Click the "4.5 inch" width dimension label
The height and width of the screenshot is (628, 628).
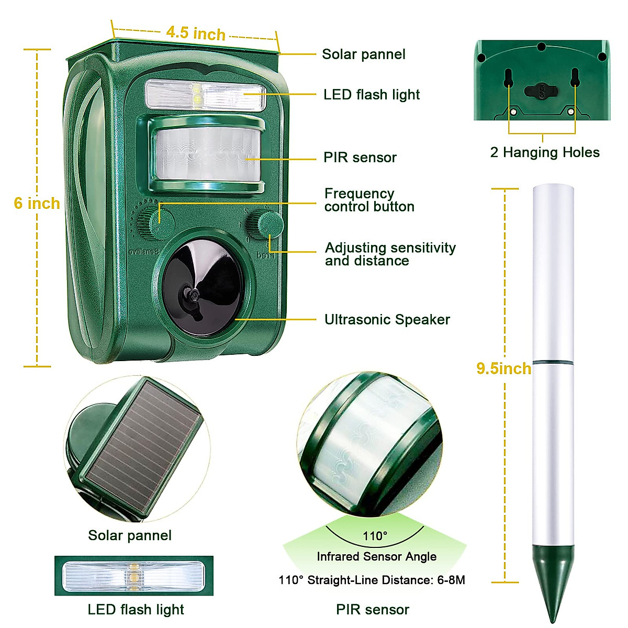pos(195,33)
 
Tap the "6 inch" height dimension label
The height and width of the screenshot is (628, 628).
pos(37,203)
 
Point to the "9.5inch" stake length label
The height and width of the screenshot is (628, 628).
pos(503,368)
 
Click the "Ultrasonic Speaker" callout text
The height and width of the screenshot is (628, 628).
pos(387,320)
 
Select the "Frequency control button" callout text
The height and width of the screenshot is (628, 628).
pos(369,200)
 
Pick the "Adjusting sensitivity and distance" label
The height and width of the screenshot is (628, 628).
pos(390,254)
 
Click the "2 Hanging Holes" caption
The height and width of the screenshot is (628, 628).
pos(544,152)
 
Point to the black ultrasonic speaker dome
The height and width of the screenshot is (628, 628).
pos(203,287)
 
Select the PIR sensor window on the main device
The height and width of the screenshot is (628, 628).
pos(207,154)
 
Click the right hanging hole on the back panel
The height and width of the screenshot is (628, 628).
pos(575,78)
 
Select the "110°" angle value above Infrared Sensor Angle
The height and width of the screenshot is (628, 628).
pos(375,536)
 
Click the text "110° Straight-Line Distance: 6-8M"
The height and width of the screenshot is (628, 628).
pos(372,580)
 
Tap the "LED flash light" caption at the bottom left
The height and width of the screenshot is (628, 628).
pos(136,610)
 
